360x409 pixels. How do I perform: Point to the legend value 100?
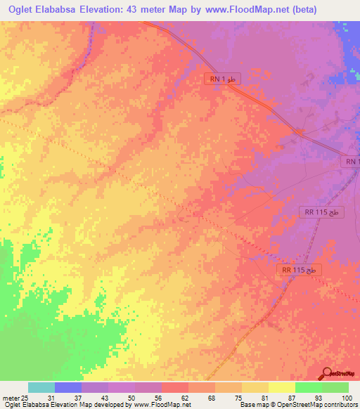tap(347, 398)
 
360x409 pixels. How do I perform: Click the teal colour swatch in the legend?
tap(41, 387)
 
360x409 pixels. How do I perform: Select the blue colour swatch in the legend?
tap(68, 387)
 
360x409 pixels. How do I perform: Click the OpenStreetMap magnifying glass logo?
tap(327, 373)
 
